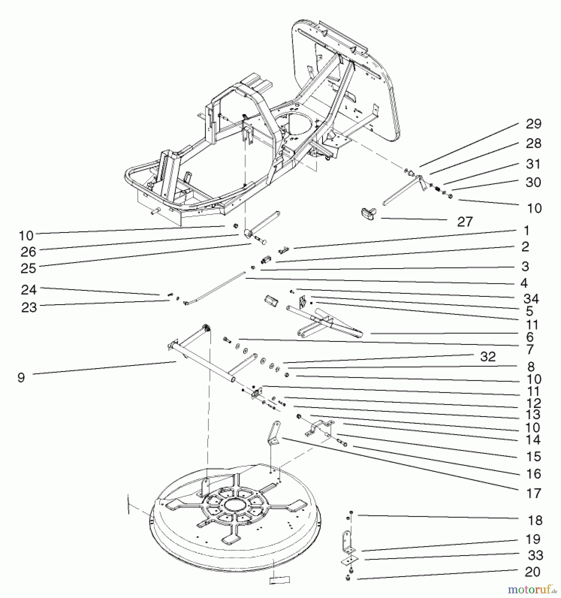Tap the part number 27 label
click(x=465, y=222)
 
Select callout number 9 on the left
click(x=21, y=378)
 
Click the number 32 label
click(x=488, y=356)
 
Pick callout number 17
click(x=533, y=493)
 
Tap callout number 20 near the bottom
click(x=533, y=572)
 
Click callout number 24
click(x=29, y=290)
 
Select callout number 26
click(x=28, y=252)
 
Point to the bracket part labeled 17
click(x=274, y=432)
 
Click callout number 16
click(x=533, y=474)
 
